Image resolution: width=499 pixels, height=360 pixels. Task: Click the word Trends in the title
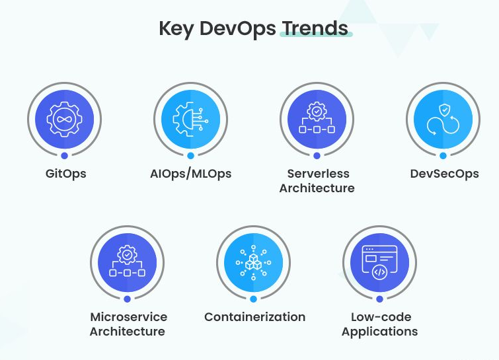tap(315, 28)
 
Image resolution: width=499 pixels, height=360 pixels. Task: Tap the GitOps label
tap(65, 174)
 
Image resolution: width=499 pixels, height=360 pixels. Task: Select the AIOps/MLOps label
tap(190, 174)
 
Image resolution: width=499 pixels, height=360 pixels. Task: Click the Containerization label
tap(254, 317)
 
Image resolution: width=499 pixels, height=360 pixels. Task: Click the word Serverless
tap(318, 174)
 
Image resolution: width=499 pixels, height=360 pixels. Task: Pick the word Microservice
tap(128, 317)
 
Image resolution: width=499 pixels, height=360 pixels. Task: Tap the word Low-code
tap(379, 317)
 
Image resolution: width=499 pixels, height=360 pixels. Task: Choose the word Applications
tap(379, 331)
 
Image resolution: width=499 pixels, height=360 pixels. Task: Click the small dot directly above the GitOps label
tap(65, 156)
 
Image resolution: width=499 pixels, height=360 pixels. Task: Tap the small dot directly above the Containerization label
tap(254, 299)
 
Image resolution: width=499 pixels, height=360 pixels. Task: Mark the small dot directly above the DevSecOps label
tap(442, 156)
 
